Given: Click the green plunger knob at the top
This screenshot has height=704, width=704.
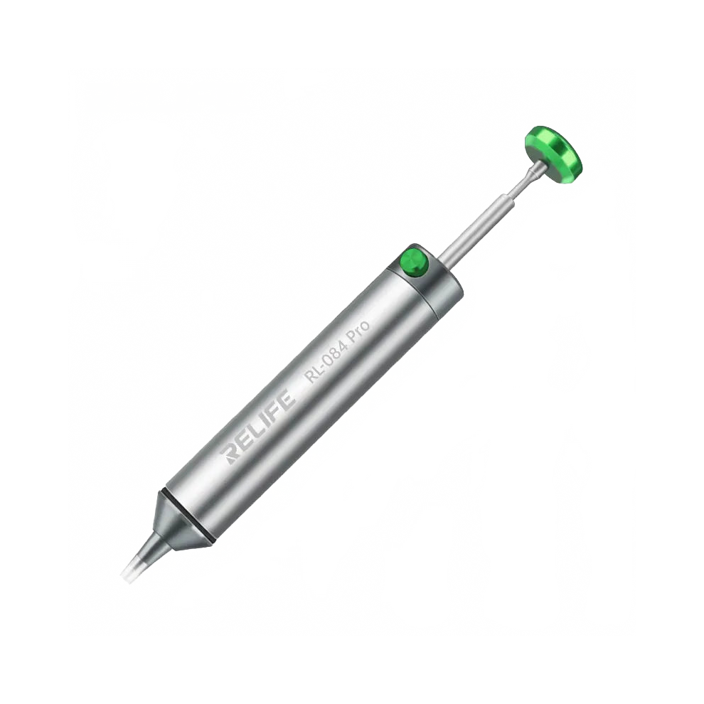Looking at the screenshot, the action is (x=553, y=149).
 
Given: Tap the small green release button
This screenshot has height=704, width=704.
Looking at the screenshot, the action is (x=413, y=262).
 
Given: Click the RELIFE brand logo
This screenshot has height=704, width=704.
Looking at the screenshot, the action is (x=258, y=427).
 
